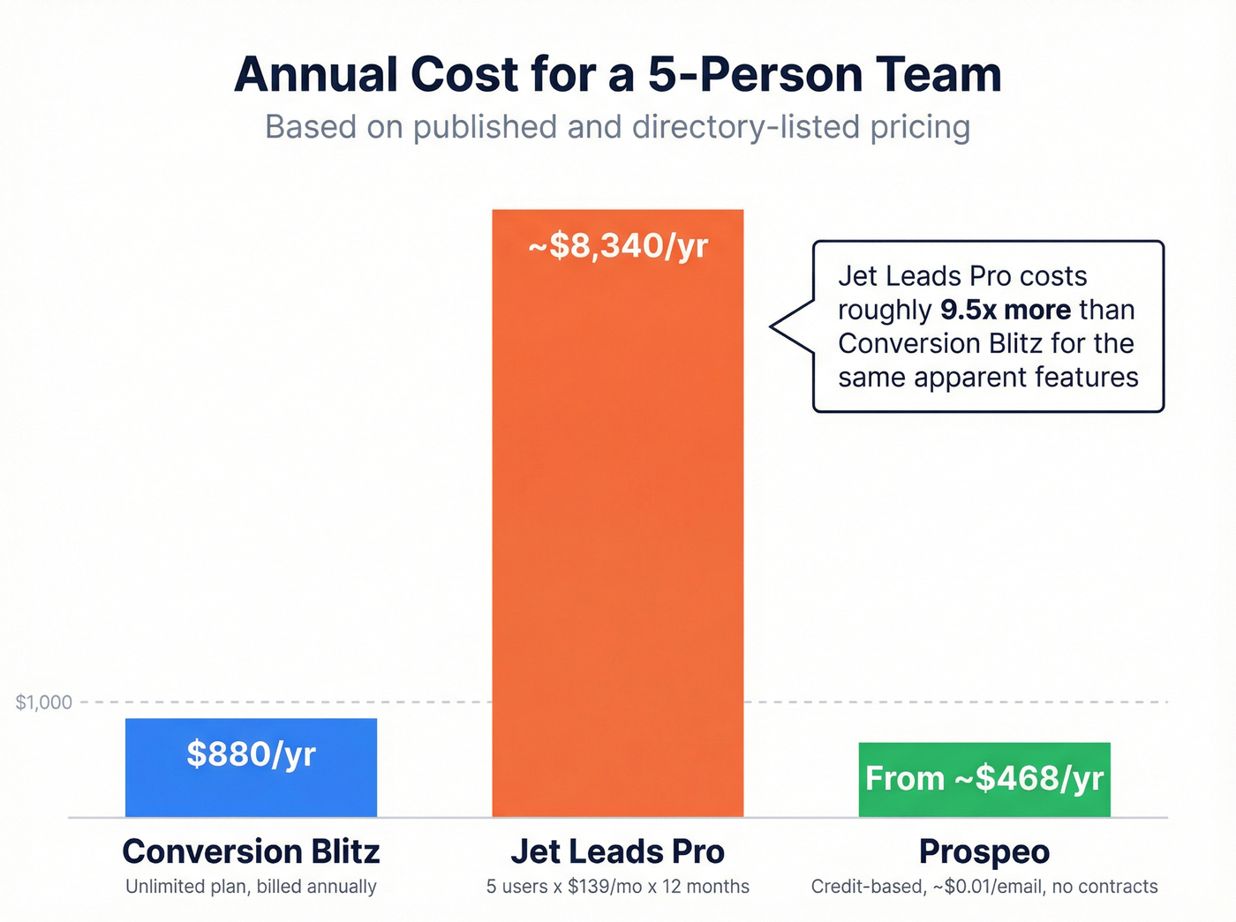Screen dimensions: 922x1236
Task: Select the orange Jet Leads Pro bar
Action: (617, 529)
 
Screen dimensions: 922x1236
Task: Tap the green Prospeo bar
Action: (984, 803)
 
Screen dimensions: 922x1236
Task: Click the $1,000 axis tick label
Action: (44, 702)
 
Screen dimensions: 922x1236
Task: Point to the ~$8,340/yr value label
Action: (618, 246)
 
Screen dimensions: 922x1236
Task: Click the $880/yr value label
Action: (251, 754)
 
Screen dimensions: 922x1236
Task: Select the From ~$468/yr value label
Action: (984, 778)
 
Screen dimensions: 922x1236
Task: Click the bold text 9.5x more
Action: (1006, 310)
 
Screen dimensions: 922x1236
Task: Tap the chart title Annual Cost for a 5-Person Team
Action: (618, 74)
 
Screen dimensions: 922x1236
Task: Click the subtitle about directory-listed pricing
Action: (618, 127)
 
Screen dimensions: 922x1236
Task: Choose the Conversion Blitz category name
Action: (251, 851)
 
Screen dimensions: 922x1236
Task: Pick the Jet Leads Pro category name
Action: (617, 851)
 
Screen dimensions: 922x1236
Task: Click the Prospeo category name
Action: (984, 851)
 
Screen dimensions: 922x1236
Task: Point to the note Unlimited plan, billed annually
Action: (251, 887)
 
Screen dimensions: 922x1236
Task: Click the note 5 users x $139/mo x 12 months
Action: (617, 887)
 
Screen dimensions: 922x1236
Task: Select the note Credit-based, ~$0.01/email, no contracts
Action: (984, 887)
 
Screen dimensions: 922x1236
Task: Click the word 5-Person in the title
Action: (753, 74)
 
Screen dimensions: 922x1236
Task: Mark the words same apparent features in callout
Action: (988, 378)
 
